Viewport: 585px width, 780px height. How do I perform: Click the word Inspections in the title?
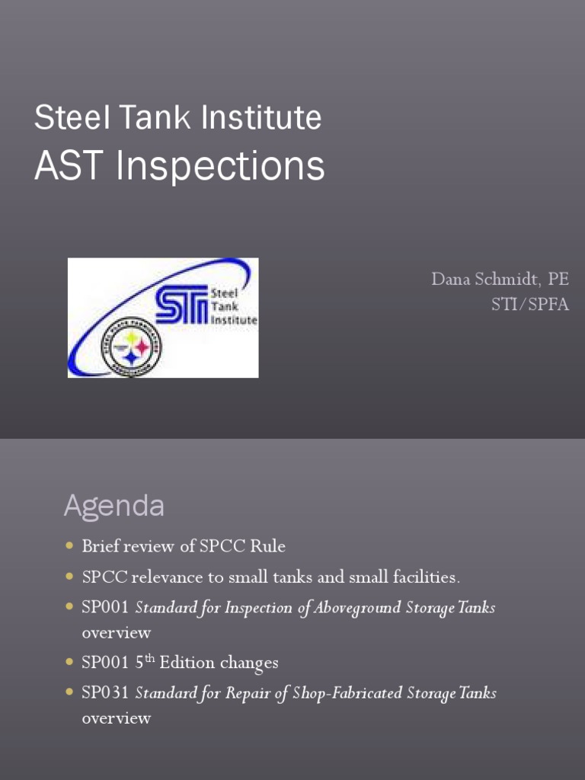click(221, 166)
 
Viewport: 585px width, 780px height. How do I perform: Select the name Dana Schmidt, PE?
click(500, 279)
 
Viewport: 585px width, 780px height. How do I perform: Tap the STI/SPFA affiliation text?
click(529, 305)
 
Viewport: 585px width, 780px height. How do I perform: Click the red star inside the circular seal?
click(142, 346)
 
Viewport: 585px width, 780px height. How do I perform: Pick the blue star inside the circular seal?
click(131, 356)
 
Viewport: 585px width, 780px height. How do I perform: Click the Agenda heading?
click(113, 506)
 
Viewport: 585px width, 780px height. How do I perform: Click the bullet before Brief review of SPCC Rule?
click(70, 546)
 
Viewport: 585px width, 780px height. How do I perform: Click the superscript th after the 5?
click(150, 659)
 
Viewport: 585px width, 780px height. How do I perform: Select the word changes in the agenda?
click(249, 663)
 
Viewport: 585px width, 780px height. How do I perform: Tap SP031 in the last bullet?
click(106, 693)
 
